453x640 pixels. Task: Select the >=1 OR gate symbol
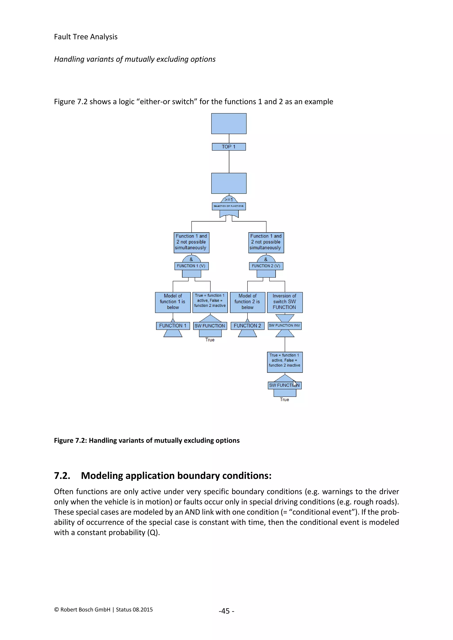point(229,199)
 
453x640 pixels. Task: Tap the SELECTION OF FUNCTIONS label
point(229,206)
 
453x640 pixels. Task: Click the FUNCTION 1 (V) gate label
point(191,266)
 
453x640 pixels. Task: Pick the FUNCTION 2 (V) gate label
point(266,266)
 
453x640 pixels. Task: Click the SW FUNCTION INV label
point(284,326)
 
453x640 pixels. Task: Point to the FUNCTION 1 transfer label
point(173,326)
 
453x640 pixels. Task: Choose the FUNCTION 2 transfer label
point(248,326)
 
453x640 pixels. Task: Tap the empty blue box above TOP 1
point(229,124)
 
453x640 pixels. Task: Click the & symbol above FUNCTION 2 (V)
point(266,259)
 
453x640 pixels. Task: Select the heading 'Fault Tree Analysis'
point(86,37)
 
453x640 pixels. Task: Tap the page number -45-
point(226,611)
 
